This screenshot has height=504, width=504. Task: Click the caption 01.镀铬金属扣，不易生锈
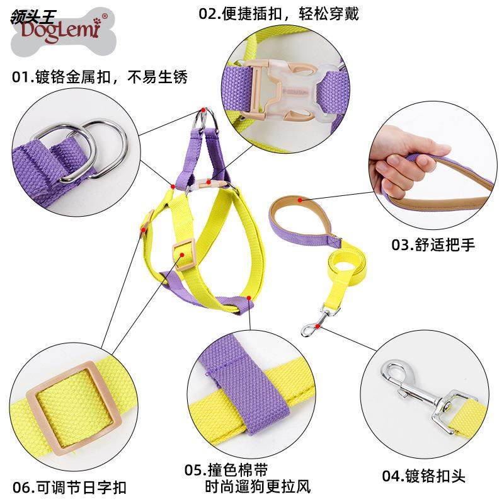100,77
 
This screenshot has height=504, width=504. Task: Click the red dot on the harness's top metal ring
203,110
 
